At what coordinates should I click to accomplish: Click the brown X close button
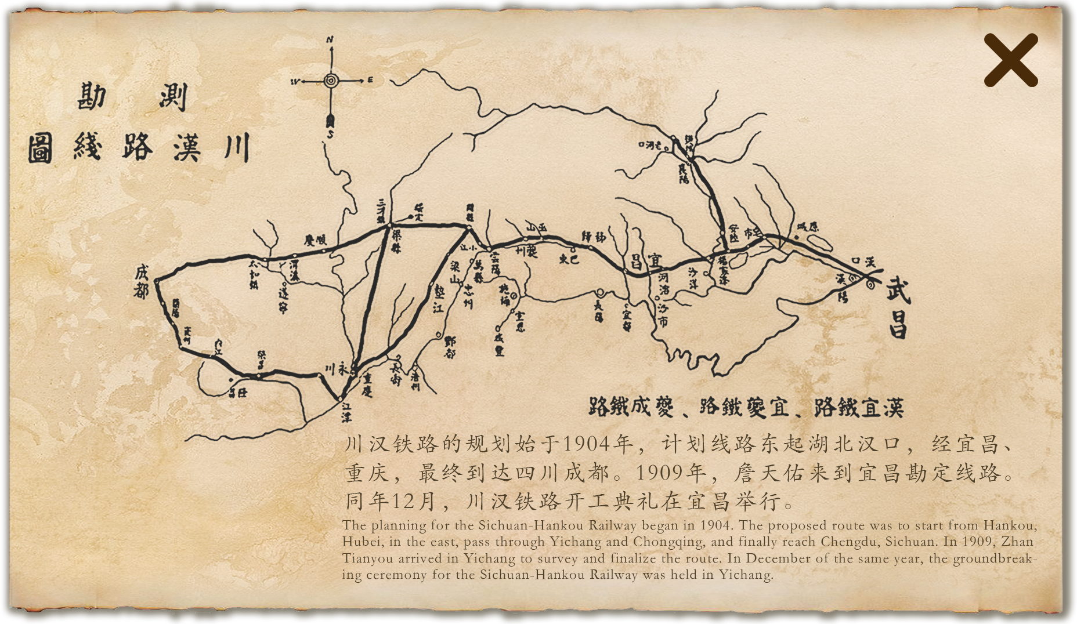click(x=1010, y=60)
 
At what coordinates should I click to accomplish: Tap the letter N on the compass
click(x=330, y=39)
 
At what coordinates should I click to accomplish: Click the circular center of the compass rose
click(x=331, y=81)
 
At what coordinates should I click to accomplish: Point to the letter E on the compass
click(x=370, y=81)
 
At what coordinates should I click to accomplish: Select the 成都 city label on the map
click(x=141, y=282)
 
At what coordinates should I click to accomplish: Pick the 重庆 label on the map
click(x=366, y=384)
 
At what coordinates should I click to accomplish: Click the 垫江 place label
click(x=437, y=298)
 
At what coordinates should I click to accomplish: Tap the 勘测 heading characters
click(x=132, y=96)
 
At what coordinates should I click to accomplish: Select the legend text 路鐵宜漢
click(x=859, y=407)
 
